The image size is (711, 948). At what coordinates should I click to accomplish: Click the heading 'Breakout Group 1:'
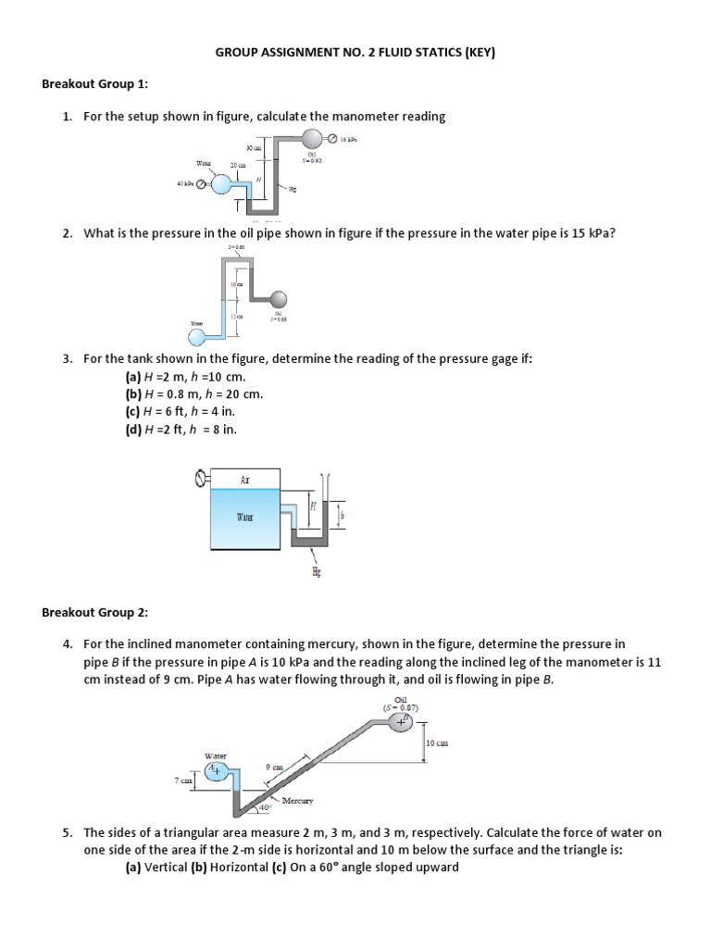coord(95,84)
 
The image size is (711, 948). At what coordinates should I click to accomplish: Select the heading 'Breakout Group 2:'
coord(95,612)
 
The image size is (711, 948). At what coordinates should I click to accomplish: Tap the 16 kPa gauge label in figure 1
coord(347,139)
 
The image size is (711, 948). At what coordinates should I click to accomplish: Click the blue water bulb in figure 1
coord(222,184)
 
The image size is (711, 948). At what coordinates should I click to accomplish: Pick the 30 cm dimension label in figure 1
coord(252,148)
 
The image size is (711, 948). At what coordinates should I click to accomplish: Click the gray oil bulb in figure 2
coord(278,299)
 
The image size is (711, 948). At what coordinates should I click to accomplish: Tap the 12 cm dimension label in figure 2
coord(238,317)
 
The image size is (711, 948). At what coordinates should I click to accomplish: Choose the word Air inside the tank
coord(245,479)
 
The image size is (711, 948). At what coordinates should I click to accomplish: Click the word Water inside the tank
coord(245,518)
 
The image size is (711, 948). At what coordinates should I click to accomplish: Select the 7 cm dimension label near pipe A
coord(183,780)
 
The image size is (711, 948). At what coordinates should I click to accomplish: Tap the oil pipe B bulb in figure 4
coord(401,723)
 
